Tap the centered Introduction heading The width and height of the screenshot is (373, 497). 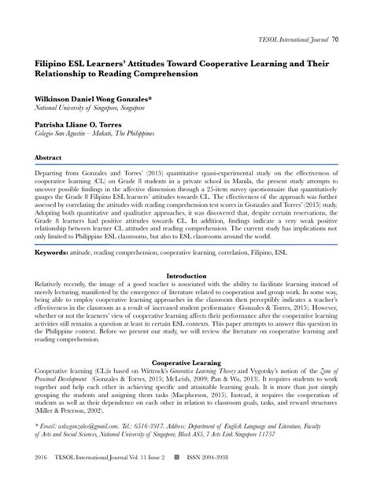tap(186, 276)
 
